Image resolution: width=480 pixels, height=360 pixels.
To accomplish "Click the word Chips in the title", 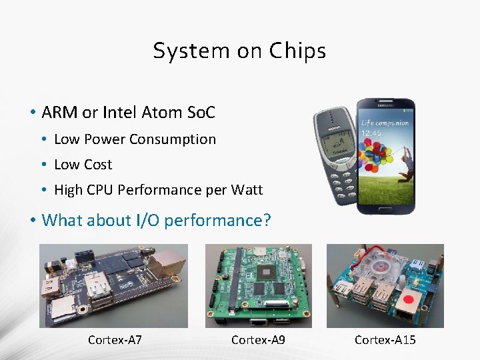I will [297, 51].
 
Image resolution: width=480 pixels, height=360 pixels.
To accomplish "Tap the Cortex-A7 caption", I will [115, 340].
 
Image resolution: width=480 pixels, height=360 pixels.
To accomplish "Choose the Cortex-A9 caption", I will [258, 340].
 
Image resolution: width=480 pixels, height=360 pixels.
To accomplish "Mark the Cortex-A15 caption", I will [385, 340].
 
